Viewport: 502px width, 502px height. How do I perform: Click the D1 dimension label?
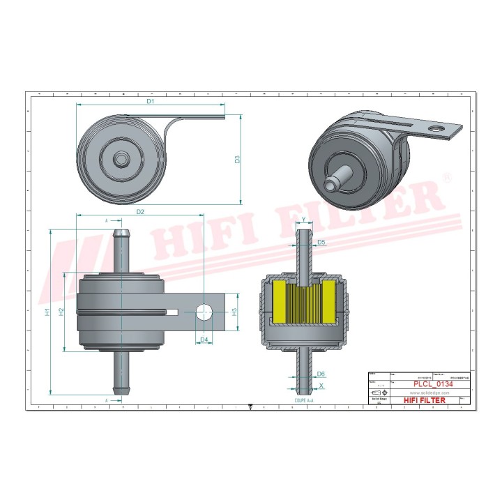coord(150,102)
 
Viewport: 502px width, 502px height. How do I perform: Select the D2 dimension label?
coord(140,211)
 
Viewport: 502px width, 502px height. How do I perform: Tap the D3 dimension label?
coord(237,159)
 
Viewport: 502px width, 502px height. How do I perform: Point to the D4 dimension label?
coord(204,340)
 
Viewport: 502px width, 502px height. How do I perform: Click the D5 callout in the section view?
coord(321,243)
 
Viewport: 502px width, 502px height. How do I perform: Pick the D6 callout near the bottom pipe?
coord(321,374)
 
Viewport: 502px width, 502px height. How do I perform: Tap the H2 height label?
coord(61,312)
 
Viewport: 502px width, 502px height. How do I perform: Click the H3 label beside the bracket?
coord(235,312)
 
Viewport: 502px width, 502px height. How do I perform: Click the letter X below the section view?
coord(321,385)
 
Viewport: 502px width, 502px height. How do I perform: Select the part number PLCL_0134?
coord(431,383)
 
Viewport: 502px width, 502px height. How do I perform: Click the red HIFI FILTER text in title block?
coord(431,402)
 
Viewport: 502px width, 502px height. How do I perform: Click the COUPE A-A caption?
coord(304,402)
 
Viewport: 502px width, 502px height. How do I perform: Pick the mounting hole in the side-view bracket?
coord(204,312)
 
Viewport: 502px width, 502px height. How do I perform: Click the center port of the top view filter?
coord(122,160)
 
